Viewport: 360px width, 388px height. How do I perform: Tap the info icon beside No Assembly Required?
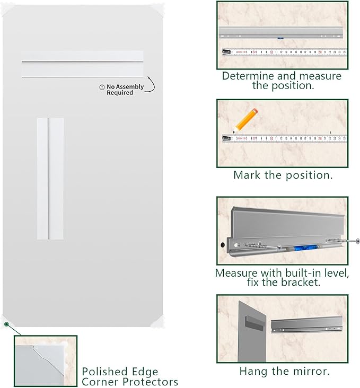pyautogui.click(x=102, y=87)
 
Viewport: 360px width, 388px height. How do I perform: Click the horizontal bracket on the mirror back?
pyautogui.click(x=82, y=64)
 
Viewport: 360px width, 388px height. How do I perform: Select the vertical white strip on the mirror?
pyautogui.click(x=50, y=178)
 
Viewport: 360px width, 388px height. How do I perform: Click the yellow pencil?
pyautogui.click(x=245, y=120)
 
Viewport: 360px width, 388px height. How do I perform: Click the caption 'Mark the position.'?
pyautogui.click(x=283, y=175)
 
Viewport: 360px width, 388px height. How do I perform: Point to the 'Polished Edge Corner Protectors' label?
pyautogui.click(x=129, y=376)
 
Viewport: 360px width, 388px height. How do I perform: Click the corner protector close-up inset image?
pyautogui.click(x=46, y=360)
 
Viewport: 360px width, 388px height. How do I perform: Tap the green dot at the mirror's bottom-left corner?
pyautogui.click(x=6, y=324)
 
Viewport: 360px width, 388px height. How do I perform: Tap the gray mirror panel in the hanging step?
pyautogui.click(x=252, y=329)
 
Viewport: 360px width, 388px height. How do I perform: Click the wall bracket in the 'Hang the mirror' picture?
pyautogui.click(x=308, y=324)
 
